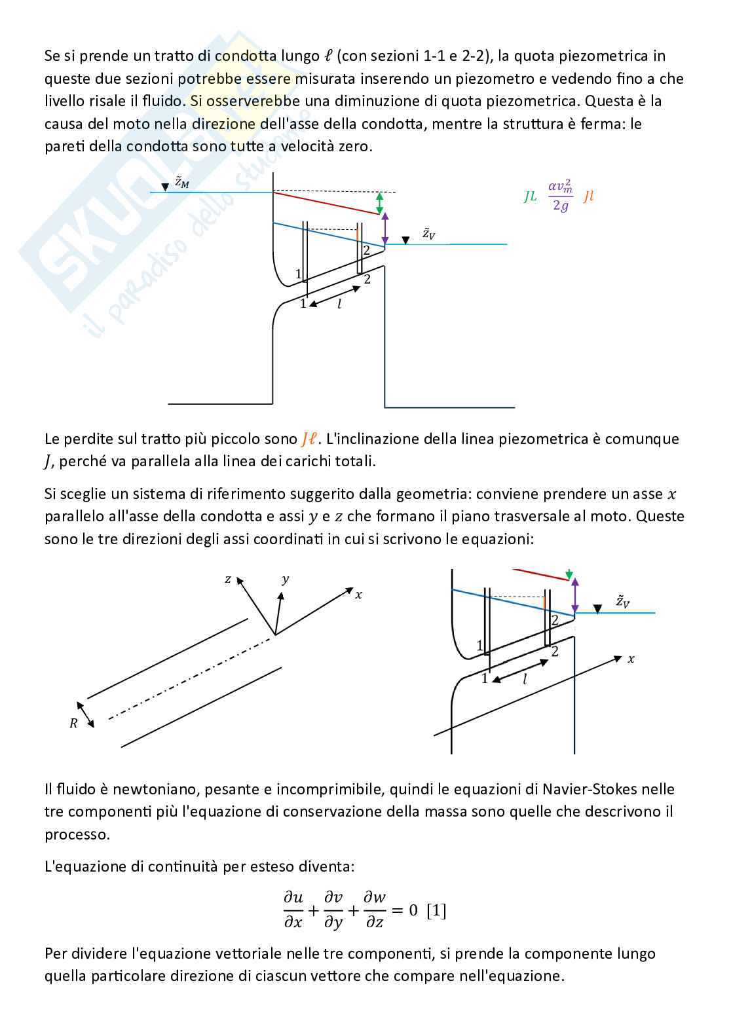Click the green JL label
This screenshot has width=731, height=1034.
[x=530, y=196]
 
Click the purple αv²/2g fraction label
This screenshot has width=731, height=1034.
[x=560, y=196]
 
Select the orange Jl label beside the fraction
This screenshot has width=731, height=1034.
[x=588, y=196]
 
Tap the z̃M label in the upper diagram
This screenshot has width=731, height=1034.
[x=181, y=183]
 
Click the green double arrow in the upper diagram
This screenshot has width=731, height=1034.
[x=379, y=203]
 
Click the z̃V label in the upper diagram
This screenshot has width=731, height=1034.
[x=428, y=234]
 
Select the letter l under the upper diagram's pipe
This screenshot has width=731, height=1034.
[x=339, y=304]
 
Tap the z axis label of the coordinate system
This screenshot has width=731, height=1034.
[x=228, y=579]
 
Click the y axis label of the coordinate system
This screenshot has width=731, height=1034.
[x=285, y=579]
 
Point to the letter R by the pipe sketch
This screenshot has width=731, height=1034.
[x=73, y=724]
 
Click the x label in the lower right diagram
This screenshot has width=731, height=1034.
[x=631, y=659]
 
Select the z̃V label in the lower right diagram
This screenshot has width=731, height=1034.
[x=622, y=601]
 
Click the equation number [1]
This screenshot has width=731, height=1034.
[x=436, y=910]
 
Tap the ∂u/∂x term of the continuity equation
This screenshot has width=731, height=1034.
[x=293, y=910]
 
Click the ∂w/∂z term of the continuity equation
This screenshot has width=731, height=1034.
[x=375, y=910]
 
